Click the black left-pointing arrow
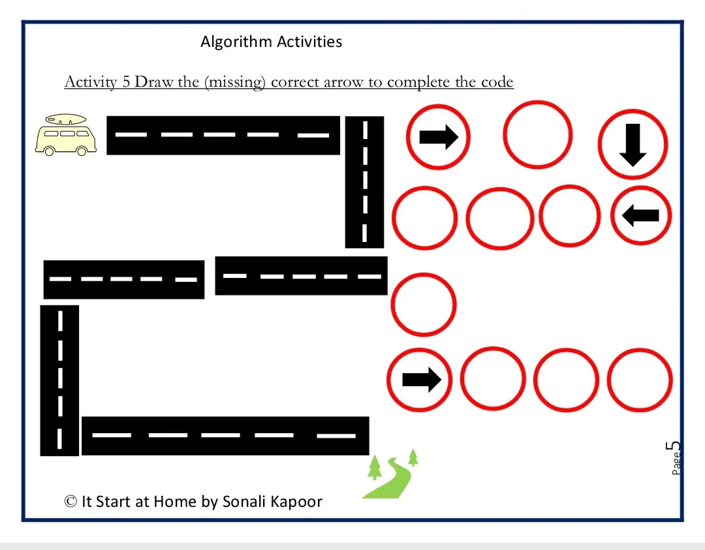click(641, 215)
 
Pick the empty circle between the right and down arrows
click(537, 134)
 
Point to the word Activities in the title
click(309, 42)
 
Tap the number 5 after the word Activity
click(127, 83)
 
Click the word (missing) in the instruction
click(234, 83)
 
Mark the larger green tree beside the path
click(375, 467)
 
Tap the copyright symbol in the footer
click(70, 501)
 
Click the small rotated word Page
click(676, 464)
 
